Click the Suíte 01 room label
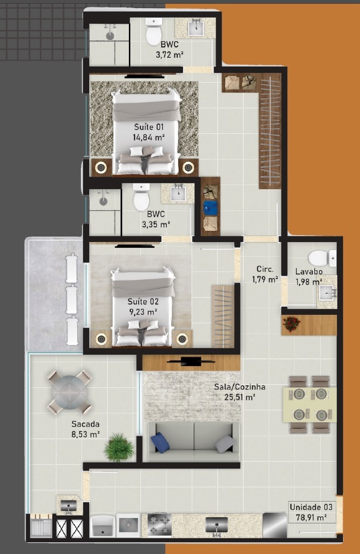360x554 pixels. click(148, 127)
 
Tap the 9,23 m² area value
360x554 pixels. click(143, 312)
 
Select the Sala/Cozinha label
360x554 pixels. click(239, 387)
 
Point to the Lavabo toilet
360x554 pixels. click(322, 258)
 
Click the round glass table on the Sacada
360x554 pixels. click(69, 392)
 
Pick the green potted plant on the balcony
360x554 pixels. click(119, 448)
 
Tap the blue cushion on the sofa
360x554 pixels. click(160, 443)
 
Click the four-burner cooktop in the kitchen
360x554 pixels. click(159, 525)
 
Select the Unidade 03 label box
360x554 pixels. click(311, 512)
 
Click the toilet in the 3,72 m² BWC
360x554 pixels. click(154, 32)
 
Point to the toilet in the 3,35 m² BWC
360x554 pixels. click(141, 197)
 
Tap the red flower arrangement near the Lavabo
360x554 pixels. click(291, 324)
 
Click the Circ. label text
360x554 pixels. click(265, 269)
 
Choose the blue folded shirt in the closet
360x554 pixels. click(211, 208)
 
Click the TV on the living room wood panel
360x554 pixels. click(191, 362)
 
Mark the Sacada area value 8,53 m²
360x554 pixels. click(85, 434)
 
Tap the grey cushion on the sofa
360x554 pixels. click(225, 444)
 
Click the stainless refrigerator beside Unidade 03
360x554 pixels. click(275, 525)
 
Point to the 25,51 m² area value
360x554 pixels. click(240, 397)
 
